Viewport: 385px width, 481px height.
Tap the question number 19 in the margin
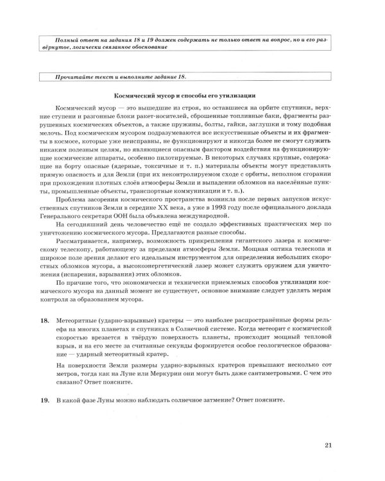[x=44, y=400]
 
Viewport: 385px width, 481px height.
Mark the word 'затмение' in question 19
[x=215, y=400]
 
